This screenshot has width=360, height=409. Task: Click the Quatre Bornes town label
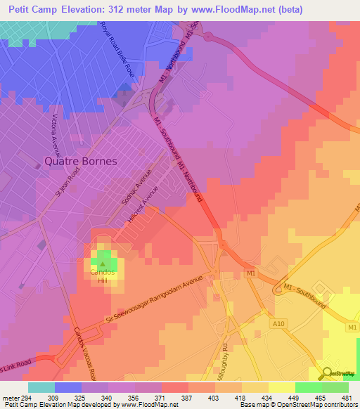[80, 160]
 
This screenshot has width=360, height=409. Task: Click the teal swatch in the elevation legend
[41, 387]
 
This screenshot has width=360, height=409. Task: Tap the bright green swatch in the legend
[308, 387]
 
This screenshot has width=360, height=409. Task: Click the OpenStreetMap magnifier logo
[326, 373]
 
